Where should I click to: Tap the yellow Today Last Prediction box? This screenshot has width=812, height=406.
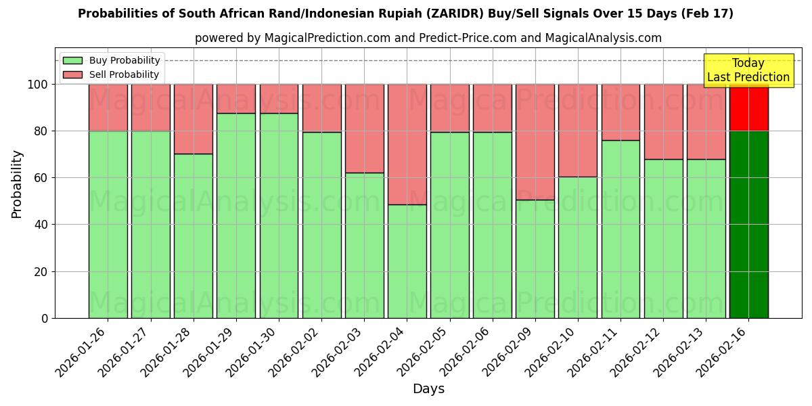pos(748,70)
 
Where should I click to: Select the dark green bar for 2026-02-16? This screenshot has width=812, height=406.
pos(748,224)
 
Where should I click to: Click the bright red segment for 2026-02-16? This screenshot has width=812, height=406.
pos(748,107)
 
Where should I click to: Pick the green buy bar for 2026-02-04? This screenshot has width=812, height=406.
pos(407,261)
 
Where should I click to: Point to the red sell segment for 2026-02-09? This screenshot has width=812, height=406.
pos(535,141)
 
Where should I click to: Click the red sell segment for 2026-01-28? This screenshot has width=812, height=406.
pos(194,118)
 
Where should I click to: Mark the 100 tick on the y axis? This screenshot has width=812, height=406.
pos(37,85)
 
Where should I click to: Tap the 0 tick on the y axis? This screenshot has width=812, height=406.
pos(44,318)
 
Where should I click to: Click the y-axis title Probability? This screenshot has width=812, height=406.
pos(17,183)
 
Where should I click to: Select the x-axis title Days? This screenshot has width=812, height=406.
pos(428,389)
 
